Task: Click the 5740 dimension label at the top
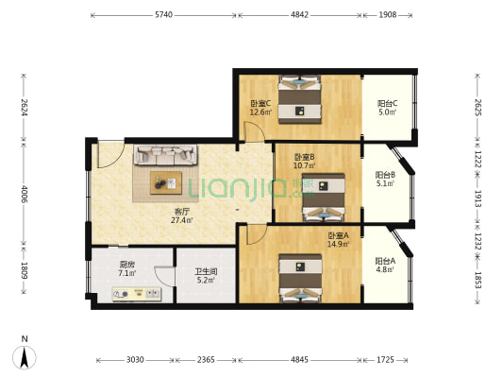click(163, 15)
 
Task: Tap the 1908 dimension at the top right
click(388, 15)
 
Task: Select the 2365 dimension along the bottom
click(206, 360)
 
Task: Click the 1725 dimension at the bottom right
click(385, 360)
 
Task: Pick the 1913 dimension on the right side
click(478, 198)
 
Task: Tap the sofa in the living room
click(165, 155)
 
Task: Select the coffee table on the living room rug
click(166, 182)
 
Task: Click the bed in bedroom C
click(299, 99)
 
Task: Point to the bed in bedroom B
click(324, 198)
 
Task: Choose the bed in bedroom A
click(300, 278)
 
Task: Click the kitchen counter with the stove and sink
click(137, 294)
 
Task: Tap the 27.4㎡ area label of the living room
click(182, 220)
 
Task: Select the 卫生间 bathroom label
click(206, 272)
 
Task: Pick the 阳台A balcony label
click(385, 261)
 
